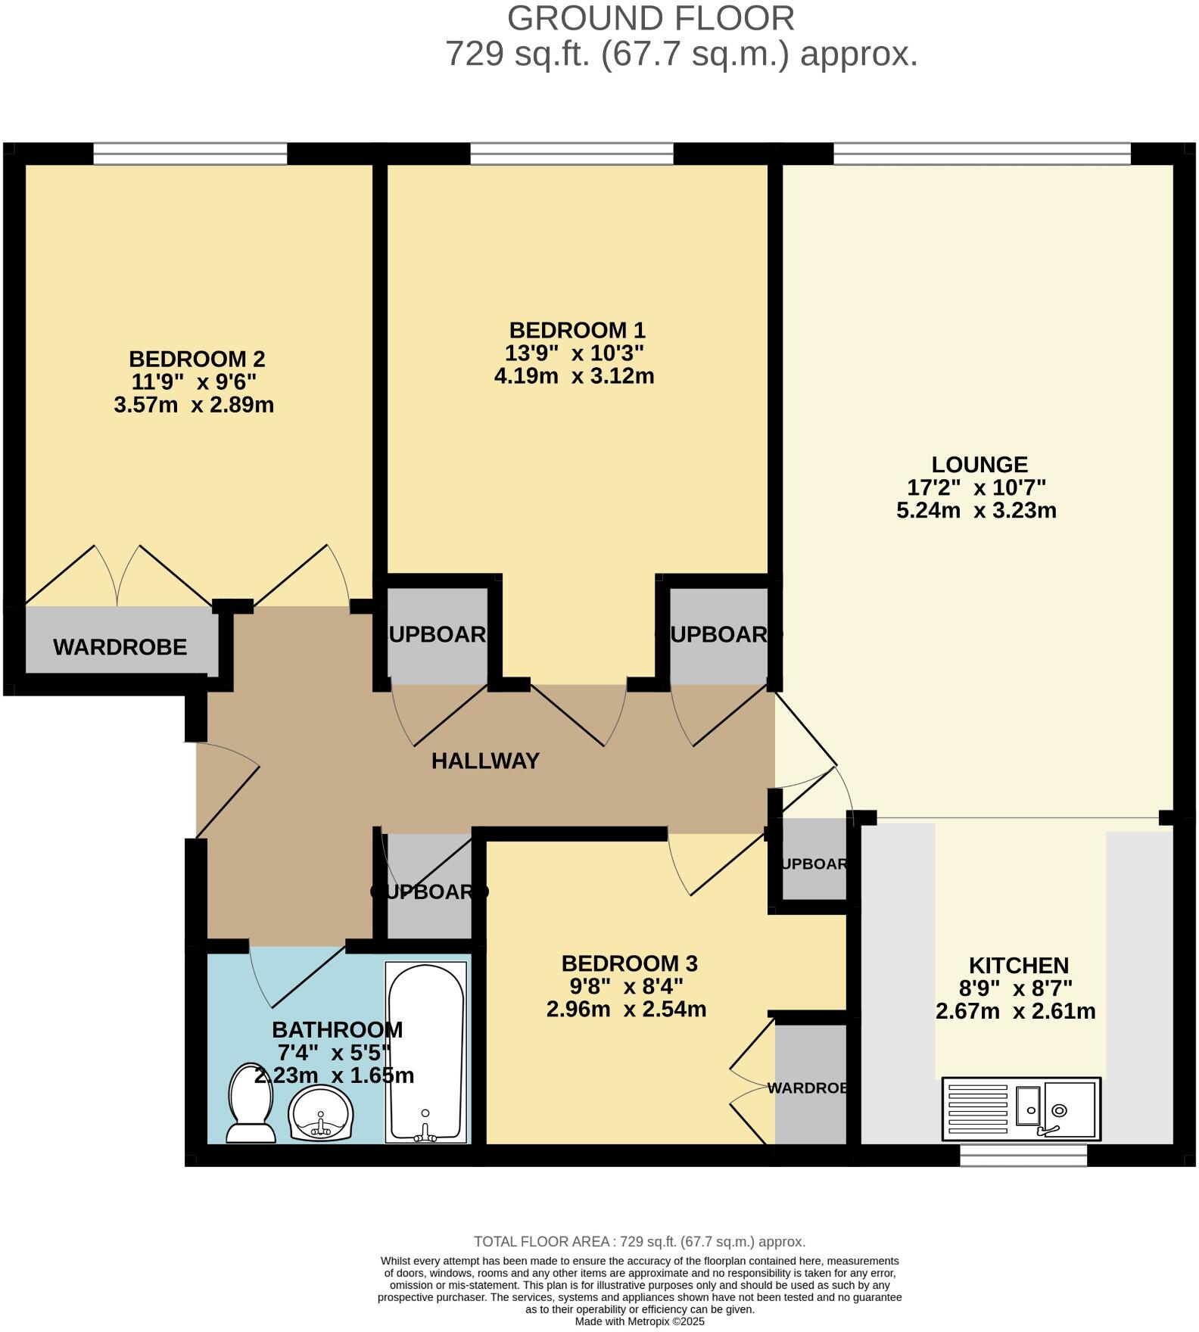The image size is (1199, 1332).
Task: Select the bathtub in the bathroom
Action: coord(425,1052)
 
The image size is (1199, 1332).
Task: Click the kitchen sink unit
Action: coord(1021,1109)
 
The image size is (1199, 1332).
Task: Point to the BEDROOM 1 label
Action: coord(577,331)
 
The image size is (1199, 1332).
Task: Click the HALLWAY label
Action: coord(485,761)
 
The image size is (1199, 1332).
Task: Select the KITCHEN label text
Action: coord(1019,965)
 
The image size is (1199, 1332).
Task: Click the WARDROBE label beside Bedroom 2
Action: coord(120,647)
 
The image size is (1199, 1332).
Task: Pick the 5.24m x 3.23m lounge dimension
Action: coord(976,510)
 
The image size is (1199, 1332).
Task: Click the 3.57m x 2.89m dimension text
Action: coord(194,405)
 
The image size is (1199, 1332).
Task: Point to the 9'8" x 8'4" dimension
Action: coord(626,986)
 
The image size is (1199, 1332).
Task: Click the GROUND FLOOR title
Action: coord(650,18)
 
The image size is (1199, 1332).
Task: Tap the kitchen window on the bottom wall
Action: coord(1023,1156)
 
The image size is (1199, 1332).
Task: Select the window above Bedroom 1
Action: coord(571,154)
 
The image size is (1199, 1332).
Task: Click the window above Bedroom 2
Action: coord(190,154)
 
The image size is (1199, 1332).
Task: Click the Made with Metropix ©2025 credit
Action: coord(640,1321)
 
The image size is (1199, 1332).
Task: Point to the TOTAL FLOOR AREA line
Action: coord(640,1241)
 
